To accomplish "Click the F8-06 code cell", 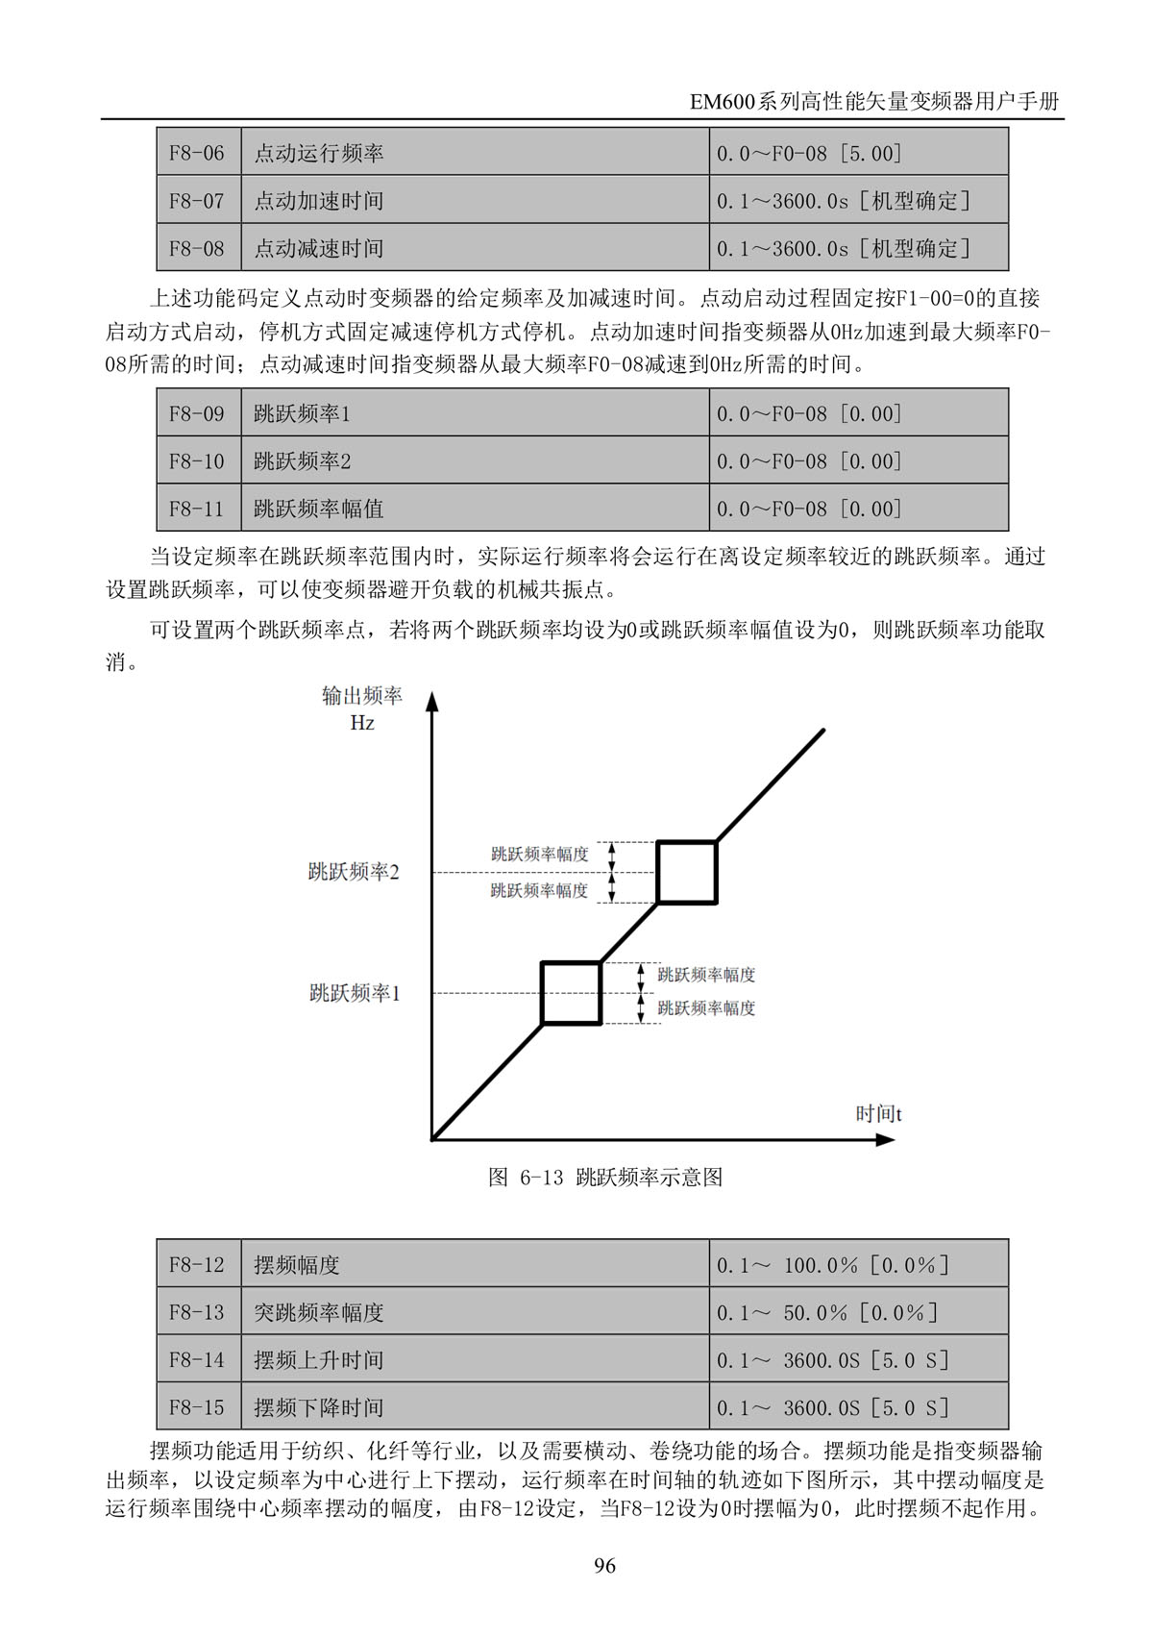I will tap(197, 153).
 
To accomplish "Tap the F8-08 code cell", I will tap(197, 248).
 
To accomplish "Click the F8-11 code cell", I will tap(197, 509).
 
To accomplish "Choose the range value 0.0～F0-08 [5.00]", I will tap(809, 153).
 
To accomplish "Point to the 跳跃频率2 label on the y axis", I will tap(353, 872).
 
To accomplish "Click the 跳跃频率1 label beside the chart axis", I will tap(354, 993).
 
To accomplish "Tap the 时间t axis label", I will tap(878, 1113).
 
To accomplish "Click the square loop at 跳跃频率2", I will tap(687, 872).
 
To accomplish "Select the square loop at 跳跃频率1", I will tap(572, 993).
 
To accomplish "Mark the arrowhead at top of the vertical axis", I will tap(432, 701).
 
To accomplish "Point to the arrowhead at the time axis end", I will tap(885, 1140).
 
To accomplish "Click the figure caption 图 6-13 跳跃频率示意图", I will tap(605, 1178).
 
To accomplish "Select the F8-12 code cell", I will tap(197, 1264).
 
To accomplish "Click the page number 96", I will tap(604, 1566).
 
